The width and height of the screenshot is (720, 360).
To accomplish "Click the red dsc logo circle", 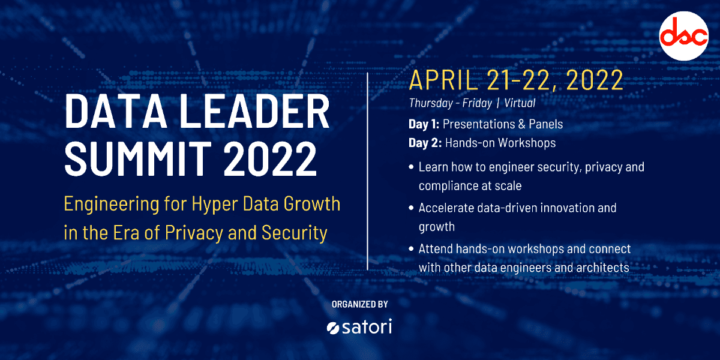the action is coord(683,36).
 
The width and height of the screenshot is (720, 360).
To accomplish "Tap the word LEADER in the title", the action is coord(254,112).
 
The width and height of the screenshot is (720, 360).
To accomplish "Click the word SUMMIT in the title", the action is coord(138,159).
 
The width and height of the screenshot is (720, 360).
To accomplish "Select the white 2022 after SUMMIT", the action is coord(270,159).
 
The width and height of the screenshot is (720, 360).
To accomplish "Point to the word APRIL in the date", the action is coord(443,80).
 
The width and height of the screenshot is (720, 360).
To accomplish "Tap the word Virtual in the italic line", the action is coord(520,103).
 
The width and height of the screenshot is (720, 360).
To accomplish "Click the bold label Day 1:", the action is coord(424,124).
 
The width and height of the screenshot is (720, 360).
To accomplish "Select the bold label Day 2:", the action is coord(425,143).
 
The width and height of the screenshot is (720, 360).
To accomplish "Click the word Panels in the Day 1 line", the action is coord(546,124).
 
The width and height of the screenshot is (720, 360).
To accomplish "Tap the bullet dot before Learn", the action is coord(411,167).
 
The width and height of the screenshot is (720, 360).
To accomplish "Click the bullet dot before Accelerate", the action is coord(411,208).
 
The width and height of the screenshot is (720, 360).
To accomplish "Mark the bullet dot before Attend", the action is coord(411,249).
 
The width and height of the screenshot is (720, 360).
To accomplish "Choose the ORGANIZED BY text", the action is coord(359,304).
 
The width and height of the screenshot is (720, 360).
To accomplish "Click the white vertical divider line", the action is coord(367,172).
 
